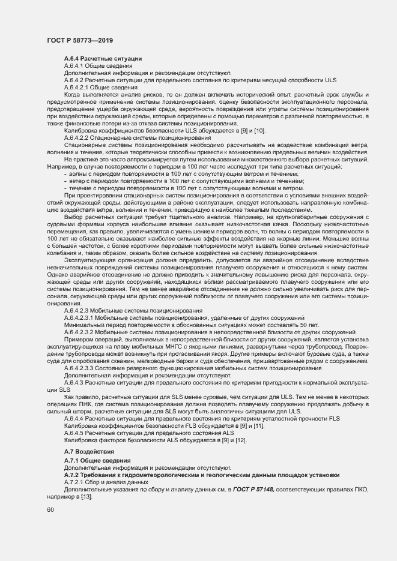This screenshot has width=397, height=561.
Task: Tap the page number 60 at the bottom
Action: tap(50, 510)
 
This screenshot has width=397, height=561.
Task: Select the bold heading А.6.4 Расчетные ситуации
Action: tap(103, 58)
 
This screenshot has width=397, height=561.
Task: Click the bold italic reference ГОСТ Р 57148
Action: tap(249, 489)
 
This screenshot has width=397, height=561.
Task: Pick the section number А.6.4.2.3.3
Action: tap(82, 368)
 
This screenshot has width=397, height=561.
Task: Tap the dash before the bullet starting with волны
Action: tap(65, 172)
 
